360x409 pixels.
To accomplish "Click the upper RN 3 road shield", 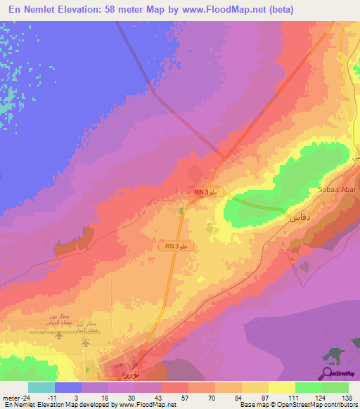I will pos(206,192).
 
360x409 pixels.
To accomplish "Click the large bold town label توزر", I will pos(131,375).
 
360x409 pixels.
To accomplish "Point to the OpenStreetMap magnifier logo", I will pos(327,373).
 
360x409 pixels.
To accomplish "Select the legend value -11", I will pos(70,397).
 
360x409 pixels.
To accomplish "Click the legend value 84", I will pos(228,397).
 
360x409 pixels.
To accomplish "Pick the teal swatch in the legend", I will pos(41,387).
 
